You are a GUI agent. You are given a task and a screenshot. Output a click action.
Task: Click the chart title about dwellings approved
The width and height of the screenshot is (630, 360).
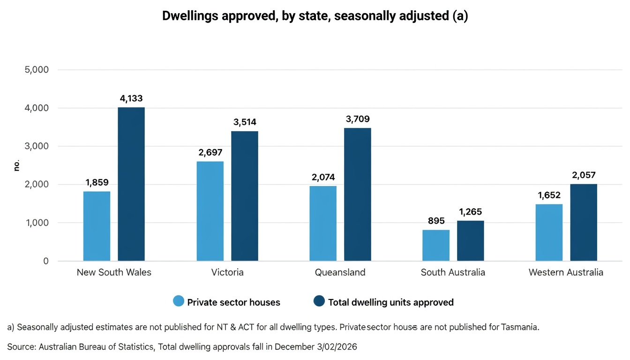315,16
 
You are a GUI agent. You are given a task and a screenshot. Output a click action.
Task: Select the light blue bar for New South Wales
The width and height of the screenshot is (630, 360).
97,226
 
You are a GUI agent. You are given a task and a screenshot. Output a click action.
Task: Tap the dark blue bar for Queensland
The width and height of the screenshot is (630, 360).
358,194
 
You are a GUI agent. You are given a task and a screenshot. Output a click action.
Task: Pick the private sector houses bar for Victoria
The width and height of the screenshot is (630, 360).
210,211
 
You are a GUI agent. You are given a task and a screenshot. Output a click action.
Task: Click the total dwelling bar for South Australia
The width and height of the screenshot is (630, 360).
471,240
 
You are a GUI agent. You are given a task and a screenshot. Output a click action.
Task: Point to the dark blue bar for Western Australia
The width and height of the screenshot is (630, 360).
584,222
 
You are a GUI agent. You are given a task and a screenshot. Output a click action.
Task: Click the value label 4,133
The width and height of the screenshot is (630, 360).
131,98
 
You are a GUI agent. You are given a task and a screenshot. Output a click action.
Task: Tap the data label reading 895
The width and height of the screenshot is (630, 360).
436,221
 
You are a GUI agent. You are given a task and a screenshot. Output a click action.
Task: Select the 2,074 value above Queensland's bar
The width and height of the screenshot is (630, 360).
323,177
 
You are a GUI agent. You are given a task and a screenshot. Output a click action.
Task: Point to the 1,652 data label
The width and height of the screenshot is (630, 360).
549,195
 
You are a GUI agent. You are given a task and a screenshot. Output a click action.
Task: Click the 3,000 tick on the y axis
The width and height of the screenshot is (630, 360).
36,146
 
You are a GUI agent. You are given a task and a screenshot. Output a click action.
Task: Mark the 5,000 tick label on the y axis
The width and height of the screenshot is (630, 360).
36,70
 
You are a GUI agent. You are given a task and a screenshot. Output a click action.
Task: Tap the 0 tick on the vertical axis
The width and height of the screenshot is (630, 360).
46,261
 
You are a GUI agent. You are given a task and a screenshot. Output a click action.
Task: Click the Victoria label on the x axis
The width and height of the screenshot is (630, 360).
227,272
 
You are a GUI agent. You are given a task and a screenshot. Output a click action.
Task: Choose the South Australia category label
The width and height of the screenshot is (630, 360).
453,272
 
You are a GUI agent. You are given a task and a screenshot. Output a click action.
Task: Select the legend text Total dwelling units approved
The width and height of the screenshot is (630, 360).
390,302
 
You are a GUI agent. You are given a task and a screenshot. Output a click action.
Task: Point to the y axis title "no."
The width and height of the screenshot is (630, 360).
16,165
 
